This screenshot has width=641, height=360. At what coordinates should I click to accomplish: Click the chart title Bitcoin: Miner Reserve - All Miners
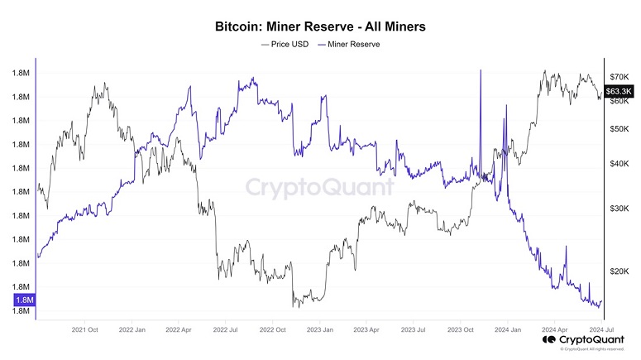[320, 27]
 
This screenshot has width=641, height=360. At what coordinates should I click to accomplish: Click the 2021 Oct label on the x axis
[86, 329]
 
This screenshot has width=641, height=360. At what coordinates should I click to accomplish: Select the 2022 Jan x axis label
[135, 329]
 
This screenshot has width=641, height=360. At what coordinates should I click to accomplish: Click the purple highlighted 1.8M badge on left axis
[23, 300]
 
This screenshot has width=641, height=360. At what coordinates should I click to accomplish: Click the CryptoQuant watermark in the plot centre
[320, 187]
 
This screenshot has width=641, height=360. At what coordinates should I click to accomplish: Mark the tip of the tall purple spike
[481, 71]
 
